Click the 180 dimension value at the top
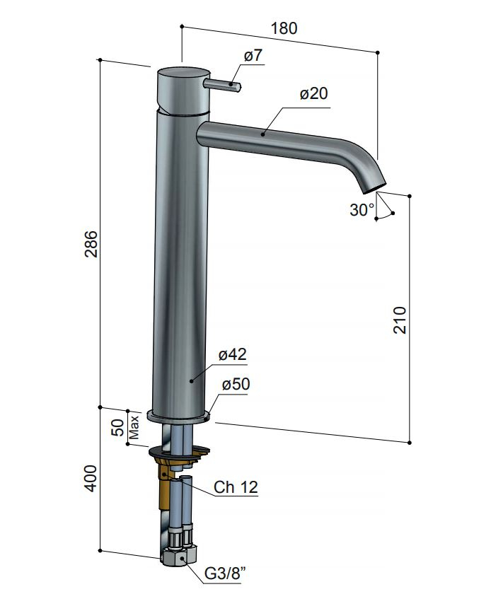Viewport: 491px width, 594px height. (x=284, y=28)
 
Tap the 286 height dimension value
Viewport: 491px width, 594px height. (x=91, y=244)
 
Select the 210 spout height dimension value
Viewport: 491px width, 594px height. (x=400, y=320)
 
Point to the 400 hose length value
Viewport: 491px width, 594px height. (x=91, y=479)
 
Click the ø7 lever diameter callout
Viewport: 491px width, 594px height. (x=253, y=55)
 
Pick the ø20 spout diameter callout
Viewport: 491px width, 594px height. (x=313, y=93)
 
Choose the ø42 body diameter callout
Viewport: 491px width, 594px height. (x=233, y=354)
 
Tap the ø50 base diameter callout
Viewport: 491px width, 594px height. (x=236, y=384)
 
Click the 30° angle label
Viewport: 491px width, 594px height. (x=362, y=210)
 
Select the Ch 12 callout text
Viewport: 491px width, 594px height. (x=236, y=487)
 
